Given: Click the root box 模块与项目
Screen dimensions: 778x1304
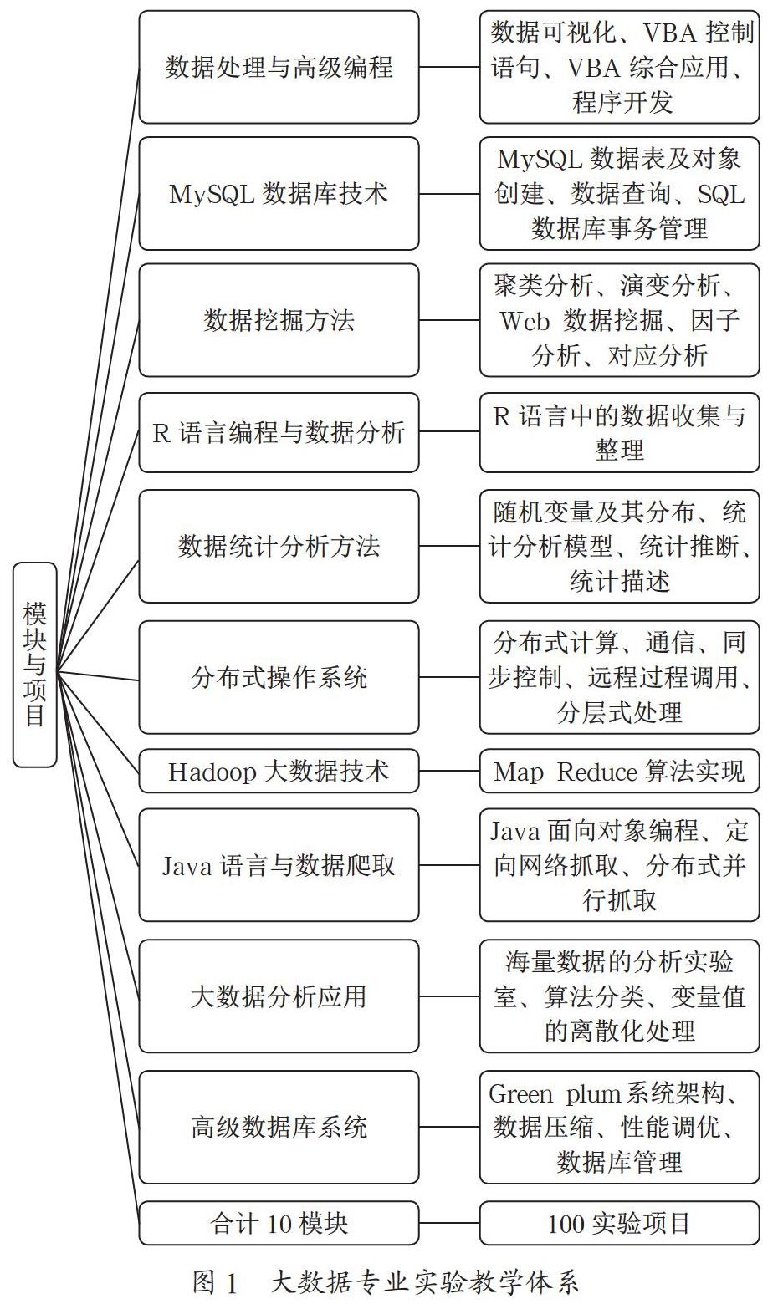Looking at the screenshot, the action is (x=35, y=665).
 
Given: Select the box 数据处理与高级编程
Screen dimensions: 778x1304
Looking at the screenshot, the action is (x=279, y=67).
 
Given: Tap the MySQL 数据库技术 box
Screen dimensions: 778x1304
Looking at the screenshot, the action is (x=279, y=194).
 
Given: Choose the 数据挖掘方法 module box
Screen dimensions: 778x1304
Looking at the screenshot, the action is (x=279, y=320).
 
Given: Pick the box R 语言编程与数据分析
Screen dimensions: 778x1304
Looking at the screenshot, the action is (x=279, y=432).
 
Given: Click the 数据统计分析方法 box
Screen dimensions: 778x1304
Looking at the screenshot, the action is (x=279, y=546).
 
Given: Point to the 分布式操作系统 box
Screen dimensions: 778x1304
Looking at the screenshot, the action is (x=279, y=677).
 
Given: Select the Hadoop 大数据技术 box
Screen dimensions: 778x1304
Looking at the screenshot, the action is (x=279, y=772).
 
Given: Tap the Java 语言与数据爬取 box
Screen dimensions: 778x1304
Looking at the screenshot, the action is (x=279, y=865).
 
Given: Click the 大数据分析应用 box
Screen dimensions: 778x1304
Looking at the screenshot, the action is (x=279, y=996).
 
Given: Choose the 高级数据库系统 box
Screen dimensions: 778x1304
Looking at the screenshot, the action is (x=279, y=1127).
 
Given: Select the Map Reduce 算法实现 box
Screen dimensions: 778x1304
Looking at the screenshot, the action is (x=620, y=772).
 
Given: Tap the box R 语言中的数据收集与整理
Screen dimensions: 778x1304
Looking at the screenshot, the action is (x=620, y=432).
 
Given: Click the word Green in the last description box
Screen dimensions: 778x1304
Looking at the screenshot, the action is (x=520, y=1094).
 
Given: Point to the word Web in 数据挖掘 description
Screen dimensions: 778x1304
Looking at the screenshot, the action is (x=525, y=321).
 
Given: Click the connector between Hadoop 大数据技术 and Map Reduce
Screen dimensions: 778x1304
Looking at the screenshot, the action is (x=449, y=772).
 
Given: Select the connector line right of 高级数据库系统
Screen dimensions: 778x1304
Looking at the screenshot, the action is (x=449, y=1127).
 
